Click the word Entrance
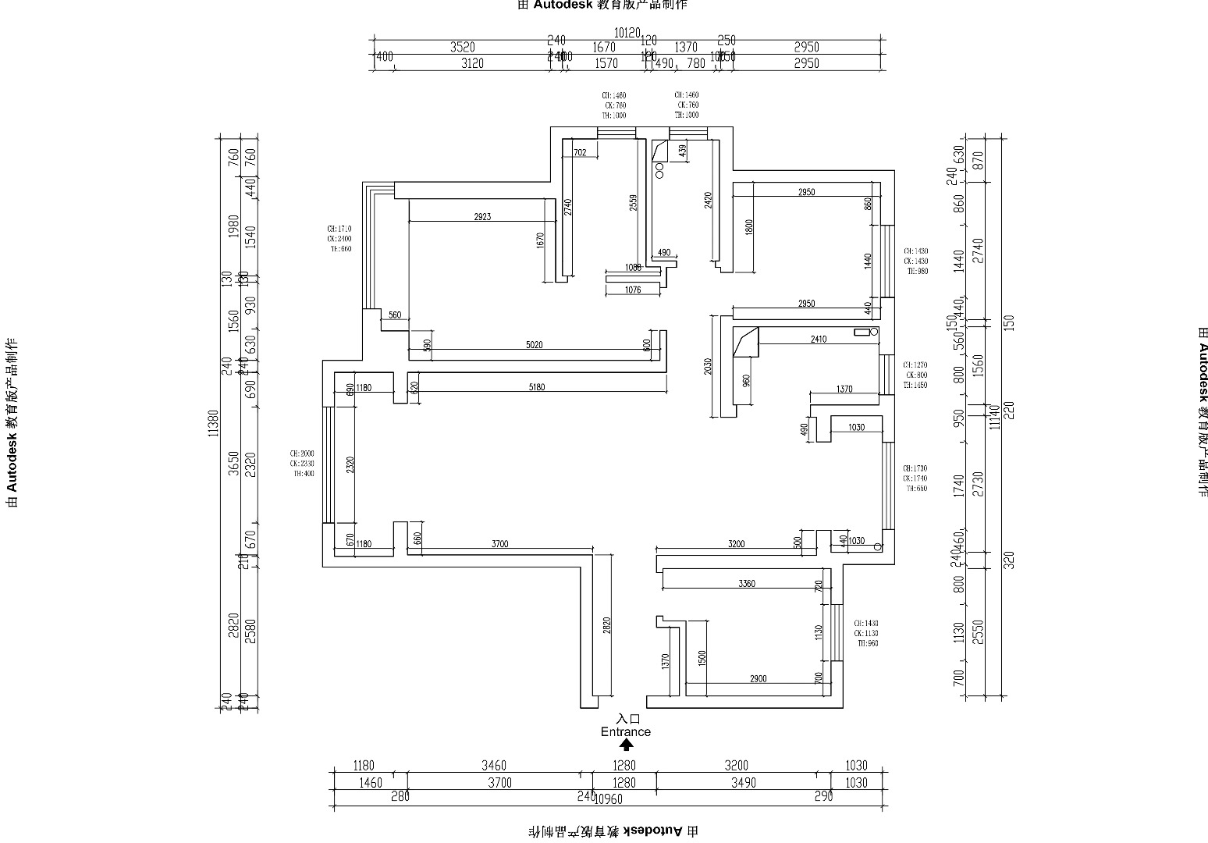tap(625, 731)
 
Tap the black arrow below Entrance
tap(626, 745)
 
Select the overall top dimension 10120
tap(627, 33)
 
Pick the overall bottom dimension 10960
tap(609, 799)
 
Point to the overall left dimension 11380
tap(213, 423)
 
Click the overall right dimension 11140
tap(994, 417)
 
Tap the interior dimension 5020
tap(534, 345)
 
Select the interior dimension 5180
tap(536, 387)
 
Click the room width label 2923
tap(482, 217)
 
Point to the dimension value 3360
tap(746, 584)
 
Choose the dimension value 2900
tap(758, 679)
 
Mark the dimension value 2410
tap(818, 340)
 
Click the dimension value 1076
tap(633, 290)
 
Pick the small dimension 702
tap(580, 153)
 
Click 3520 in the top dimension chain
tap(463, 48)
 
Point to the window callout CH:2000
tap(302, 454)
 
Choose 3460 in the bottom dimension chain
tap(494, 766)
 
